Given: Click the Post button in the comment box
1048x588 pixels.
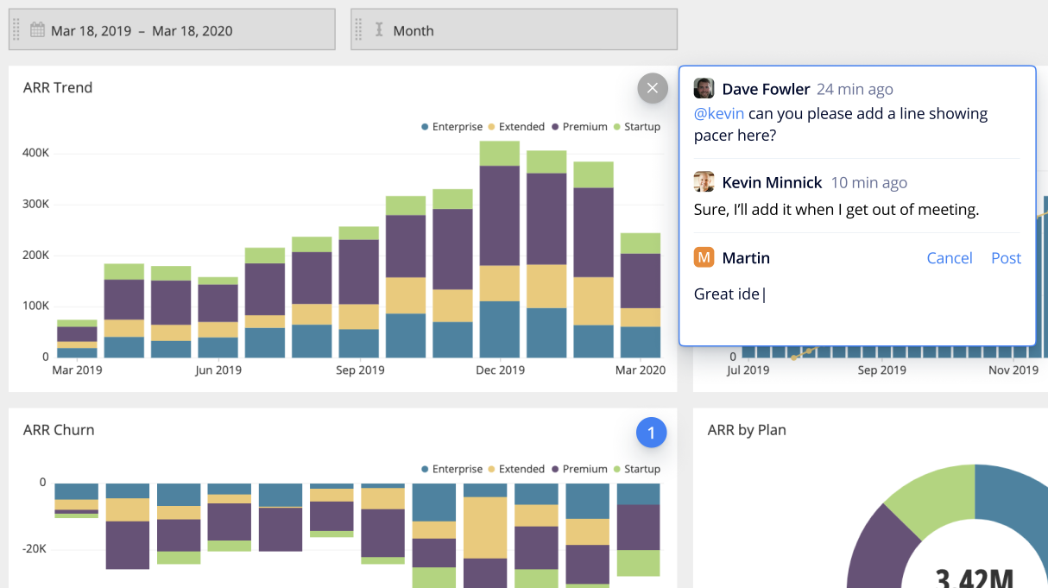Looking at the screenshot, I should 1006,258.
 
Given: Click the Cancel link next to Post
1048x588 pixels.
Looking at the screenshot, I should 949,258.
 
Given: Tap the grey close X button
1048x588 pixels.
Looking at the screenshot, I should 653,88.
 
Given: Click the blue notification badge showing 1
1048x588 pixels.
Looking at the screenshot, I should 652,433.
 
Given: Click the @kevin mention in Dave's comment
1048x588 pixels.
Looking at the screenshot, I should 718,114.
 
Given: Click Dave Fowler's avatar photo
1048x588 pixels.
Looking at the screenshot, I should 704,89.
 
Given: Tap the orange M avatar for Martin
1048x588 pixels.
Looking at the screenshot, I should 704,257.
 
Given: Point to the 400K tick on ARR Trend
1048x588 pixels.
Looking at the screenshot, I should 35,154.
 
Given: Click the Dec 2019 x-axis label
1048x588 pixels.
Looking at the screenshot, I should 500,370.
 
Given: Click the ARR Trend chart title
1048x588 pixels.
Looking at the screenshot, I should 58,88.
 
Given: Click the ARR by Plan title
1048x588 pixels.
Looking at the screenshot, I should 747,430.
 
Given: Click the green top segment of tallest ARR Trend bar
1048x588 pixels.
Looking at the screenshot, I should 500,153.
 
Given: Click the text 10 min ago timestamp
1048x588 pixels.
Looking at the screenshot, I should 868,183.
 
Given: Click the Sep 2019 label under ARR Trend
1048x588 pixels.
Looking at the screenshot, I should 359,370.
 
